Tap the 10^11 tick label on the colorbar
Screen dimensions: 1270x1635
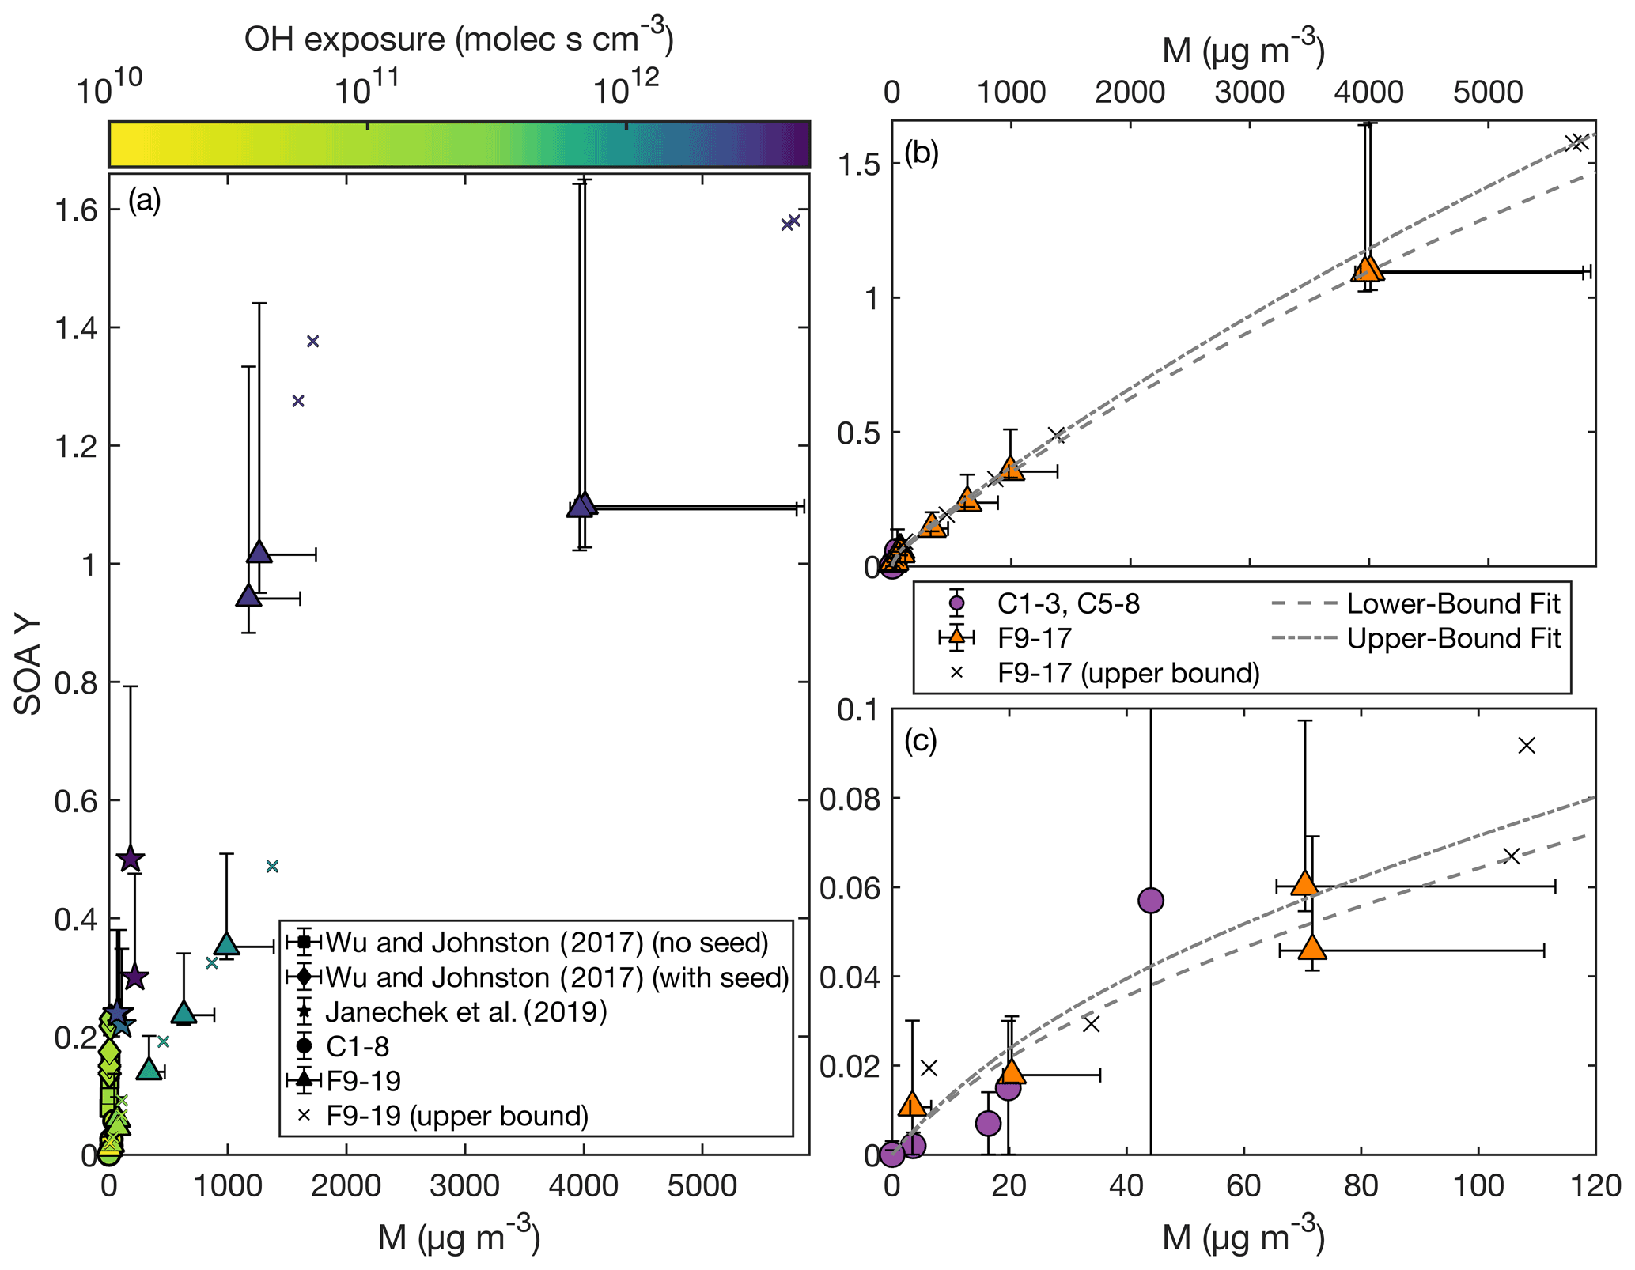point(366,89)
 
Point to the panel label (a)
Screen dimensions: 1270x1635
point(144,201)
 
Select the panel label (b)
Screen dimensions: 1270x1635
point(921,152)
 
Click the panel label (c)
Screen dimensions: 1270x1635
point(920,741)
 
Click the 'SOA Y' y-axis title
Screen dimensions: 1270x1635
point(28,665)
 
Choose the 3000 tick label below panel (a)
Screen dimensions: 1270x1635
point(464,1186)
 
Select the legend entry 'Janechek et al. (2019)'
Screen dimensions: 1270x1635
point(466,1011)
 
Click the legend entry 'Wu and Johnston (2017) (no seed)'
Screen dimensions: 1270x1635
point(547,943)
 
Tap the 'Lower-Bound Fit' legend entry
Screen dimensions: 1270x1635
point(1453,604)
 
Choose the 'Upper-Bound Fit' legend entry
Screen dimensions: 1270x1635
point(1453,638)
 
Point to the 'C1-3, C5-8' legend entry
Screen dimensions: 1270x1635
point(1068,604)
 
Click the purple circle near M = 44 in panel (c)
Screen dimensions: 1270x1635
point(1150,900)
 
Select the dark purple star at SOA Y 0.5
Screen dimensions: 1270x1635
point(131,859)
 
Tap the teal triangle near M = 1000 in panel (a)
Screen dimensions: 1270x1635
point(227,944)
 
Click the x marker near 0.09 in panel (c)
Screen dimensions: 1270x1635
point(1527,745)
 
